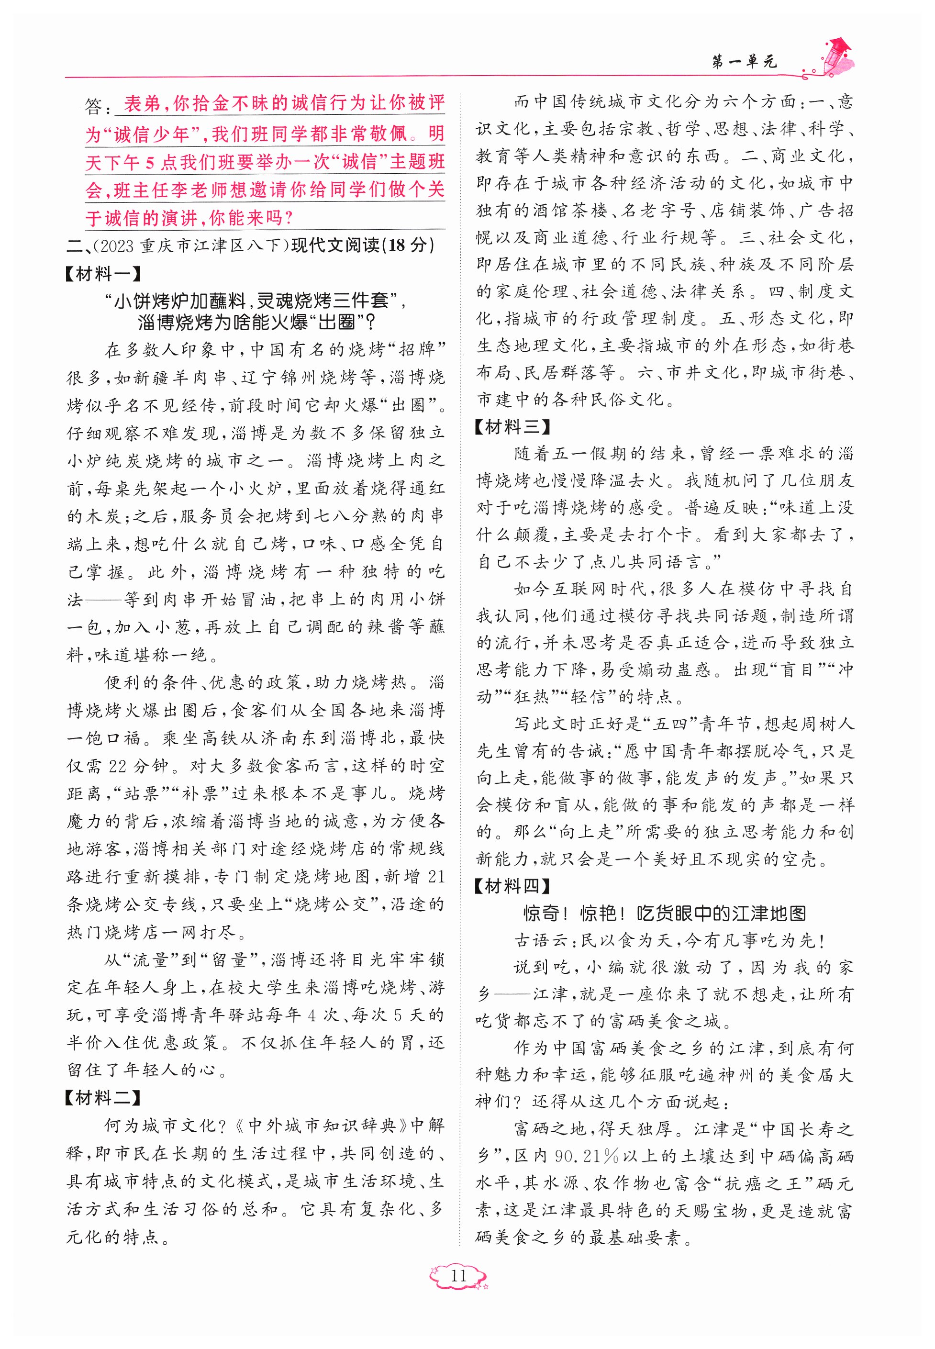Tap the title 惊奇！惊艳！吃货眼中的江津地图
pyautogui.click(x=664, y=913)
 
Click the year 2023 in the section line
pyautogui.click(x=117, y=245)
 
